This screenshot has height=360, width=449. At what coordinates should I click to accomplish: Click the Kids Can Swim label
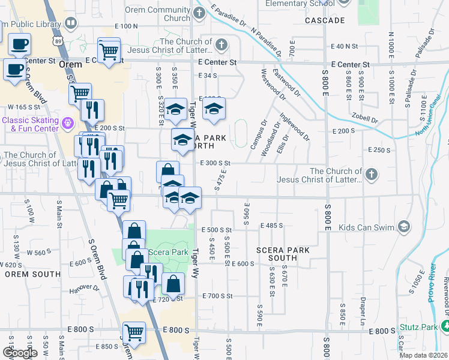click(x=366, y=227)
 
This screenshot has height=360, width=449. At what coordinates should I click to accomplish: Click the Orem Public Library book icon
click(x=71, y=23)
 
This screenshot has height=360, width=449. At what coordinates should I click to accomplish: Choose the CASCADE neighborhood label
click(x=325, y=20)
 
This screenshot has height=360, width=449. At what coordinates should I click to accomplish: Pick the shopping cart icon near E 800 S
click(x=134, y=332)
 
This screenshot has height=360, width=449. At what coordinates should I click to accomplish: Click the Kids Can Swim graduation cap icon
click(x=404, y=227)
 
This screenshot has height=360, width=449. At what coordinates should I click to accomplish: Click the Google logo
click(x=20, y=353)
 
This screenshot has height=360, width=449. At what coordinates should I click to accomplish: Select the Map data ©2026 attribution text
click(x=424, y=355)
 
